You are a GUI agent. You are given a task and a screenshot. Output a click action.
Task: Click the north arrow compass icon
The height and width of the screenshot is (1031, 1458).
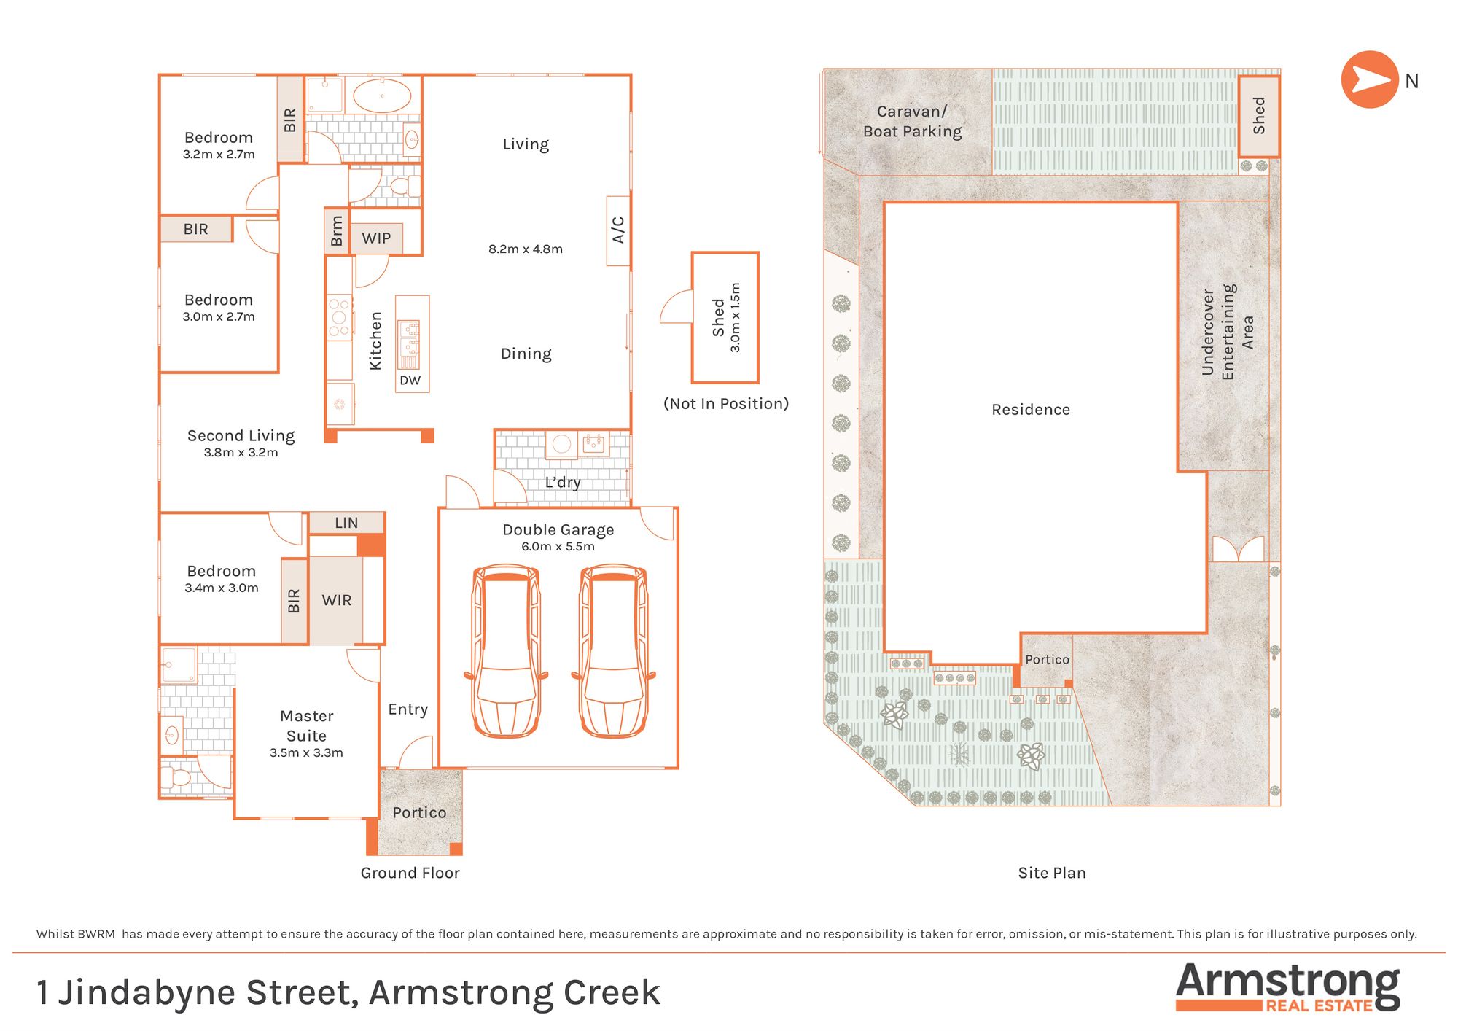(1370, 79)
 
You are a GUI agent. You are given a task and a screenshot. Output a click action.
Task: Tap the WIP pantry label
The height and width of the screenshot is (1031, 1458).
(376, 238)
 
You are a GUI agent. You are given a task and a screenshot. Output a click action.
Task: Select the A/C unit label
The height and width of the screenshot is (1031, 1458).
(618, 230)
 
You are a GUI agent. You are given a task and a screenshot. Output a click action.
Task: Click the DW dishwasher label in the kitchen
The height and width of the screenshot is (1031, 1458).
(410, 380)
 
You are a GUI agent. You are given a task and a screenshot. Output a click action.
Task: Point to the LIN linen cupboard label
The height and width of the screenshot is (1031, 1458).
(346, 523)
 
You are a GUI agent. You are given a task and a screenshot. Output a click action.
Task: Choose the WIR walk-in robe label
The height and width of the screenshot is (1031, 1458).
(337, 600)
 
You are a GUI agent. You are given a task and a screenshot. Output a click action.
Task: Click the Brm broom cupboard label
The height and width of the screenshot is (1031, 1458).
(336, 231)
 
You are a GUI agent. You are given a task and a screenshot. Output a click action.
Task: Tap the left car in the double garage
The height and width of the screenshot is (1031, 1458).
(506, 651)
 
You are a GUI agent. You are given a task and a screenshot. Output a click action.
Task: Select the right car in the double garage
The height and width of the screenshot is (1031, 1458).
(613, 651)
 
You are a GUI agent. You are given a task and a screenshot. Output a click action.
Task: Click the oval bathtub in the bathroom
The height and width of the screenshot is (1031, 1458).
(382, 96)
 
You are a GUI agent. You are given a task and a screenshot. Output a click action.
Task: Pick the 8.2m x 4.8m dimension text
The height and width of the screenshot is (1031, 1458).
(526, 249)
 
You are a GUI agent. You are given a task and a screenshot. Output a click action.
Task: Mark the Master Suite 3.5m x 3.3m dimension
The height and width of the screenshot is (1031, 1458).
(306, 752)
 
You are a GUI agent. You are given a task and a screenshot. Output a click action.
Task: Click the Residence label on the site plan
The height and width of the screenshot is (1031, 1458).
(1031, 410)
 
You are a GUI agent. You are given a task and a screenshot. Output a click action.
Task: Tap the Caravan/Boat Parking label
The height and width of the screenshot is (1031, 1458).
(912, 121)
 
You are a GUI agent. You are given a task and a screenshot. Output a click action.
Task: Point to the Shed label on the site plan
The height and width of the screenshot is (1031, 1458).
(1259, 115)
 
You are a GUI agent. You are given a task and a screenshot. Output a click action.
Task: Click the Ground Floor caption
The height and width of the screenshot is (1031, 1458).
(410, 873)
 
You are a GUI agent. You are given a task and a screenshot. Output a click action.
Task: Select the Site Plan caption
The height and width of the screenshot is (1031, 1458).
(1052, 873)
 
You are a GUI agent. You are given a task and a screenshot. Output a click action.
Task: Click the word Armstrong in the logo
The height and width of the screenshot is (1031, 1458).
(1287, 984)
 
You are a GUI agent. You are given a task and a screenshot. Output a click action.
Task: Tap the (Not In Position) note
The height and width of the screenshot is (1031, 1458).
(726, 404)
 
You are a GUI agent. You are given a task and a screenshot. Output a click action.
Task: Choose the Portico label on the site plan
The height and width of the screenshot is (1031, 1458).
(1047, 659)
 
